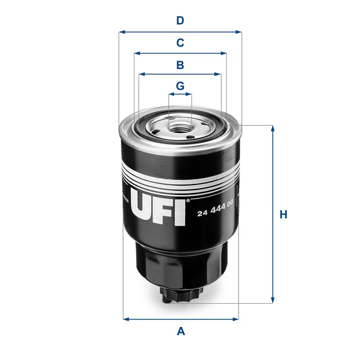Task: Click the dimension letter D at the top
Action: [x=180, y=21]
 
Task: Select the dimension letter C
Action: [x=180, y=43]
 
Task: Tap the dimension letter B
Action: [x=180, y=65]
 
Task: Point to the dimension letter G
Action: [x=180, y=86]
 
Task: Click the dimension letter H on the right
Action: [x=284, y=214]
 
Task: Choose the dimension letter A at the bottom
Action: [x=181, y=331]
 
